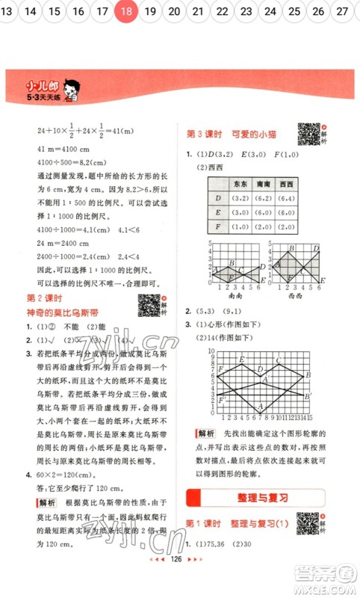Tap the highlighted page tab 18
coord(126,10)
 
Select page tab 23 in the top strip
coord(246,10)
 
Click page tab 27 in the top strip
coord(342,10)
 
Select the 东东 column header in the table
coord(240,182)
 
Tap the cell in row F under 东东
coord(240,226)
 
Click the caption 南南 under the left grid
coord(233,295)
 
